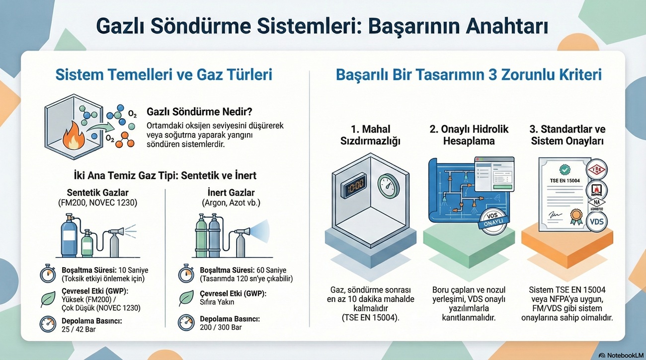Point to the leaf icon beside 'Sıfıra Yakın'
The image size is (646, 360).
(x=186, y=298)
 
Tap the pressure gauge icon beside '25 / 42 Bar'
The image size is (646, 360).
(x=48, y=324)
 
